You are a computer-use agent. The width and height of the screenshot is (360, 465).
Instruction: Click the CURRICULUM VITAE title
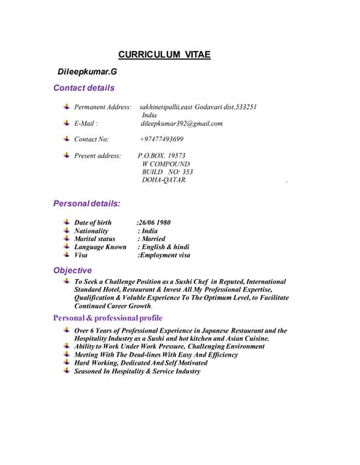pos(164,54)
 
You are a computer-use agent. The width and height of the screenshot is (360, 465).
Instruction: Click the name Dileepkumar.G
pos(87,72)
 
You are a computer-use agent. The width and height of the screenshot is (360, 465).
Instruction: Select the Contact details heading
pos(84,88)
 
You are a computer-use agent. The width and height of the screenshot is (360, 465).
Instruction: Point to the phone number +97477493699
pos(161,139)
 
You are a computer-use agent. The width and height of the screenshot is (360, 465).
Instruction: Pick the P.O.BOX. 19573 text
pos(161,155)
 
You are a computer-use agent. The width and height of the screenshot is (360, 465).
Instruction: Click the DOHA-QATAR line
pos(164,179)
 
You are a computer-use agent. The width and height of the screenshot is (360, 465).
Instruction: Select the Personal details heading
pos(87,203)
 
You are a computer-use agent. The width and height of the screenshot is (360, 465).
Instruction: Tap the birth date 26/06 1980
pos(154,222)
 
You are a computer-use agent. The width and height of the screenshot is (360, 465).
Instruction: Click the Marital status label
pos(95,238)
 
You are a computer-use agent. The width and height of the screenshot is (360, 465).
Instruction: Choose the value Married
pos(153,238)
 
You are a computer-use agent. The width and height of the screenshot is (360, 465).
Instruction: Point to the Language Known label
pos(100,247)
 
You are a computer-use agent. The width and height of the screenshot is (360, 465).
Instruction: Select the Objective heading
pos(73,270)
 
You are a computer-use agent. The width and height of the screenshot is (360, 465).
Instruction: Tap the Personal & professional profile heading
pos(108,318)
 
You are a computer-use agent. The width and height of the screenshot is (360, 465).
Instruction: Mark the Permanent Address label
pos(103,107)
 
